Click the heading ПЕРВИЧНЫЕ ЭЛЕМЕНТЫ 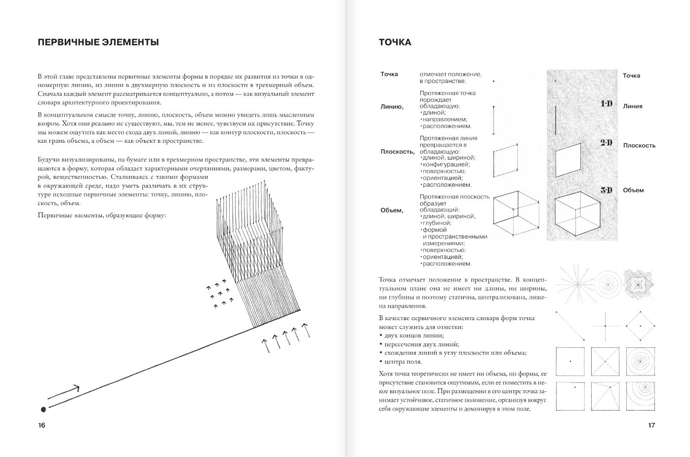(98, 42)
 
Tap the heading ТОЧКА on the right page (395, 42)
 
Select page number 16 (41, 425)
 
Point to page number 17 (651, 425)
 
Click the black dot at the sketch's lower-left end (43, 409)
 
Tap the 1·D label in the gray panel (606, 104)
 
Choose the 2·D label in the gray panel (606, 143)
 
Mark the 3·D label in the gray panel (606, 190)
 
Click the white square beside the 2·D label (569, 159)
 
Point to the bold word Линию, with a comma (392, 107)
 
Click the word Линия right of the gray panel (633, 106)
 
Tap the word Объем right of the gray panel (633, 190)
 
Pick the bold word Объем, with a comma (392, 210)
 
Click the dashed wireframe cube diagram (516, 213)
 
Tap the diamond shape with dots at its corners (640, 326)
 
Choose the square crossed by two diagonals (605, 362)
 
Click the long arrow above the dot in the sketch (64, 393)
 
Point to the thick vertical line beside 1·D (556, 120)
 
